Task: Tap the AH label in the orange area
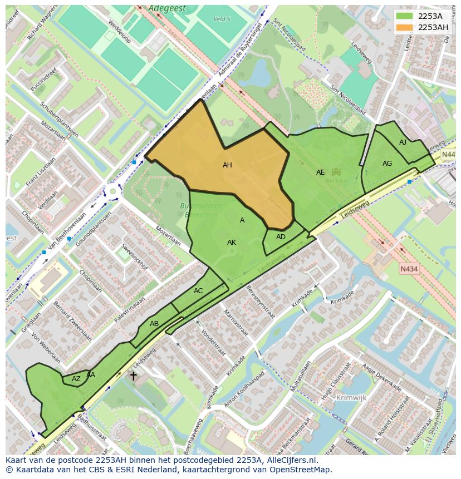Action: (x=227, y=165)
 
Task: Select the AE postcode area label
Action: (x=320, y=172)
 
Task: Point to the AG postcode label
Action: (x=387, y=164)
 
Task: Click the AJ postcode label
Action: (x=403, y=143)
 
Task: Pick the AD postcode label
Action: (x=281, y=237)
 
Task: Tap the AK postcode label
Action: (x=232, y=243)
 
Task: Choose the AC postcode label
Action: (x=198, y=291)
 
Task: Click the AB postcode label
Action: (x=154, y=324)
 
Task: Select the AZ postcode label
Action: (x=76, y=379)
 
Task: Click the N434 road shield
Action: (x=409, y=269)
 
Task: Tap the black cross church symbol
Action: (x=133, y=376)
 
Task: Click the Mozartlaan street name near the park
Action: (x=168, y=236)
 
